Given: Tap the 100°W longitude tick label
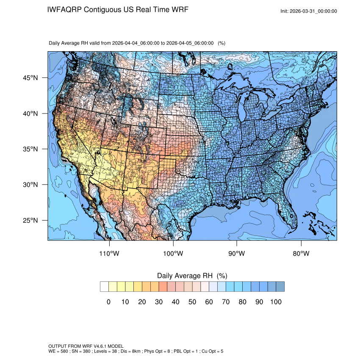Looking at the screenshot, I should click(173, 254).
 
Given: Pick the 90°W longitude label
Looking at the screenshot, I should click(237, 254).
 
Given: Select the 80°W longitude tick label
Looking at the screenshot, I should click(301, 254).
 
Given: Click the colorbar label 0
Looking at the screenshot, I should click(108, 302).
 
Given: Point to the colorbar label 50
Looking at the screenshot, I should click(192, 302).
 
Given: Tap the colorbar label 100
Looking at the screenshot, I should click(276, 302).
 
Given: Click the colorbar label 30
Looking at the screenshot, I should click(159, 302).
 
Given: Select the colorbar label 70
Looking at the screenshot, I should click(226, 302).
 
